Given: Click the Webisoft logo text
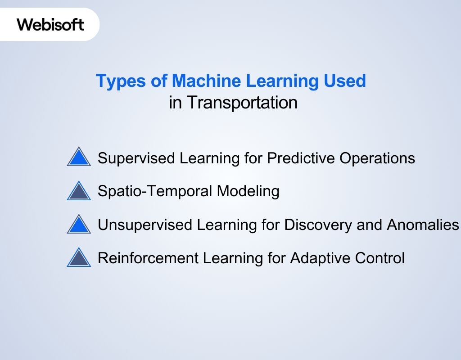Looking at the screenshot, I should (x=50, y=24).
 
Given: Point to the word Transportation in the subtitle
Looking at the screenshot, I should (x=242, y=103).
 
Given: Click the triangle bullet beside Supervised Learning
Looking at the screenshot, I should (x=79, y=157).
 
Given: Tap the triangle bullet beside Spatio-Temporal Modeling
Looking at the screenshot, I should (x=79, y=191).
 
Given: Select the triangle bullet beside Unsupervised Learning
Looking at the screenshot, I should (x=79, y=224).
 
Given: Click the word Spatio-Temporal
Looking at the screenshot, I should (x=155, y=191).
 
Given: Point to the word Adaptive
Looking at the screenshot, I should (x=317, y=258).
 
